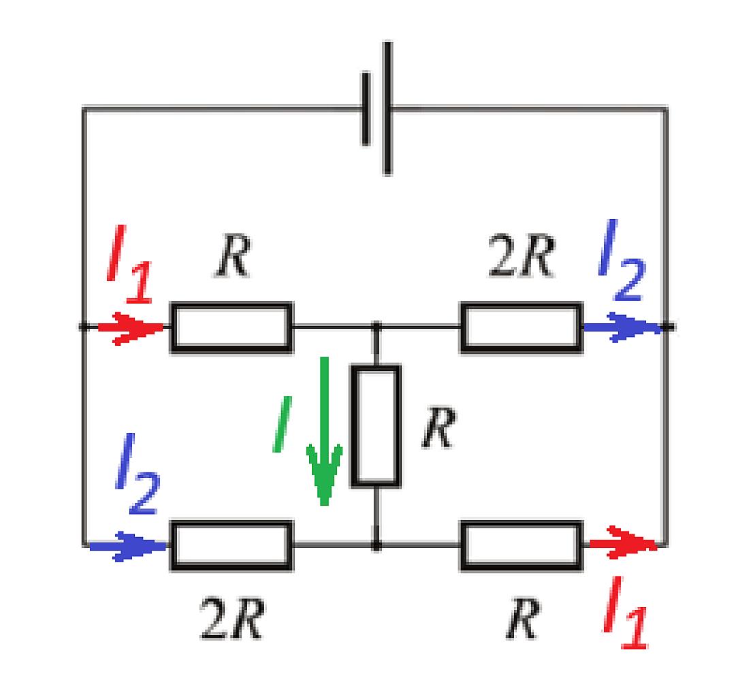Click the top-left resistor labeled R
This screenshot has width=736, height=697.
(x=231, y=327)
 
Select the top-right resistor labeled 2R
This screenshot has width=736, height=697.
(x=522, y=327)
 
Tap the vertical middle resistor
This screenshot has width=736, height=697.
(x=376, y=425)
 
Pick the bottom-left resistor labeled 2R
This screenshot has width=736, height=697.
(x=231, y=545)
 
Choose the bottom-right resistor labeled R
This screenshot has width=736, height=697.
(x=522, y=545)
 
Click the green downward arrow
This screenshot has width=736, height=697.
(x=324, y=431)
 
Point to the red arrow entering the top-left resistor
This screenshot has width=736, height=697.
(x=131, y=327)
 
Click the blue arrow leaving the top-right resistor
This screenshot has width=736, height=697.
(x=622, y=327)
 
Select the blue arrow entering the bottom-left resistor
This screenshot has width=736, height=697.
(x=128, y=546)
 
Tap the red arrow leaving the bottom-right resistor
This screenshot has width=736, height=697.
(x=622, y=543)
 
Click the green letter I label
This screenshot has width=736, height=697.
(x=282, y=424)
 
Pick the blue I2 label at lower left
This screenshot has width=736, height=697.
(x=138, y=473)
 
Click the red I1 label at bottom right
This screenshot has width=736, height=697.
(x=625, y=612)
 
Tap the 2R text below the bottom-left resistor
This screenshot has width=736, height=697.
(x=232, y=618)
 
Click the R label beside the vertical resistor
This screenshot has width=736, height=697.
(x=439, y=427)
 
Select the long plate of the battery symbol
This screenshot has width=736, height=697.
(x=387, y=108)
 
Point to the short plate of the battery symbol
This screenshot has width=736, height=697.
(x=366, y=109)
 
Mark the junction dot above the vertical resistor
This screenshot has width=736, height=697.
(x=376, y=326)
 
